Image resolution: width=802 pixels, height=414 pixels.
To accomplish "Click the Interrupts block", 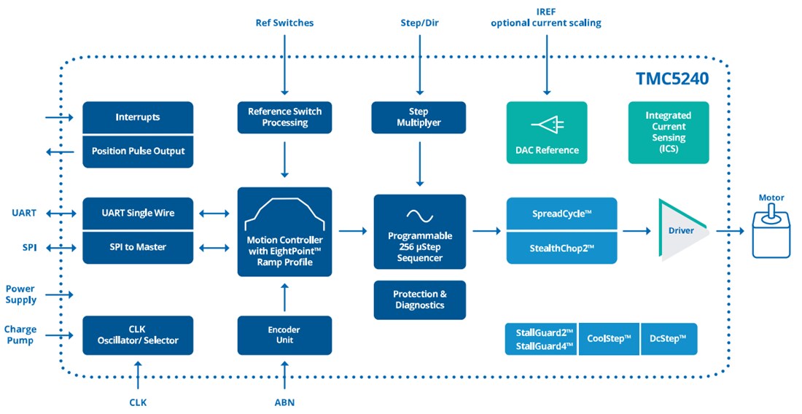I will tap(138, 117).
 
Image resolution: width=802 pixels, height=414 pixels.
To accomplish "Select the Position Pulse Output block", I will tap(138, 152).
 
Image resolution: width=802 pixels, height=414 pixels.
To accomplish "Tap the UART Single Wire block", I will tap(138, 213).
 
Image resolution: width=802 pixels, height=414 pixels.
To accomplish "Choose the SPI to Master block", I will tap(138, 247).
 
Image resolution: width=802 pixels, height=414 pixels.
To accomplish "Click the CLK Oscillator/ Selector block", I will tap(138, 335).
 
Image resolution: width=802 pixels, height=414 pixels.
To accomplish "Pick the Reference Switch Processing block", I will tap(284, 117).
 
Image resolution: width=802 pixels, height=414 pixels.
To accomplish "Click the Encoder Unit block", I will tap(284, 335).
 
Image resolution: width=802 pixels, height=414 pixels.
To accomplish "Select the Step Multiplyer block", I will tap(419, 117).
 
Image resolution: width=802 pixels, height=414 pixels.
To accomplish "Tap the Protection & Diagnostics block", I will tap(419, 300).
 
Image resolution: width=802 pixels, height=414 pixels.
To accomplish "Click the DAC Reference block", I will tap(546, 133).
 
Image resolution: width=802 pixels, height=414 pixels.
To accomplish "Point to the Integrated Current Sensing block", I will tap(668, 132).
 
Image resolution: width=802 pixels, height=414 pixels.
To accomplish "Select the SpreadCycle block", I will tap(561, 214).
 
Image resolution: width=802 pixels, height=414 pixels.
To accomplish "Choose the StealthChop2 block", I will tap(561, 248).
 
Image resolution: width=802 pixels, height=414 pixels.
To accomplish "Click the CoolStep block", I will tap(609, 339).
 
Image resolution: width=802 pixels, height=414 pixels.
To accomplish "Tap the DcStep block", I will tap(669, 339).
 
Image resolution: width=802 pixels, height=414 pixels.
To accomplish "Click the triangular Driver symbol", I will tap(682, 230).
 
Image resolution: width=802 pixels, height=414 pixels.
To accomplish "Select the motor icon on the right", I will tap(771, 232).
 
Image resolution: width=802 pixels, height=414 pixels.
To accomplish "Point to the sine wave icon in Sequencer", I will tap(419, 215).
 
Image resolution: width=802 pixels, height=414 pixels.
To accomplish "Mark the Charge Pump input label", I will tap(20, 335).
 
